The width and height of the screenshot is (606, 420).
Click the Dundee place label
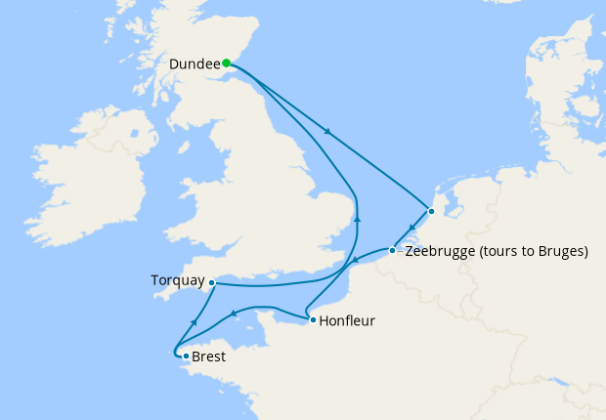(194, 63)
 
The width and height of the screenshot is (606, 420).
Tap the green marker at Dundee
(227, 63)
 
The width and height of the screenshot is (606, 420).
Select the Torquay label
(177, 280)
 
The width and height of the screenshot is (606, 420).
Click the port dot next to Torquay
(212, 282)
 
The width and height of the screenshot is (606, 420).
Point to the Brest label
(209, 357)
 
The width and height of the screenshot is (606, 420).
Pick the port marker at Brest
(186, 356)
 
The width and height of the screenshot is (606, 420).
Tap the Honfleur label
(347, 320)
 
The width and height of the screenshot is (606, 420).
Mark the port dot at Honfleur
(312, 319)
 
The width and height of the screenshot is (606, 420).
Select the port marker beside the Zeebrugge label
(392, 251)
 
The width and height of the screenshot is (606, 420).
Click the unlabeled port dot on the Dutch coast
(431, 210)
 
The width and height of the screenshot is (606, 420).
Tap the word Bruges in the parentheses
(557, 251)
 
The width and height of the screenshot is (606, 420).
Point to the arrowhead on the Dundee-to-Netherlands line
(327, 132)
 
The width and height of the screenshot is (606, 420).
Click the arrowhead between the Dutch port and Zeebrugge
(411, 231)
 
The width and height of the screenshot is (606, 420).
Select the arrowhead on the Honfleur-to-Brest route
(235, 314)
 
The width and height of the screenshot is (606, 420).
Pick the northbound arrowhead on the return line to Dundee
(357, 219)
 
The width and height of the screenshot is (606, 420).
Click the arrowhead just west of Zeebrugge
(355, 261)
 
